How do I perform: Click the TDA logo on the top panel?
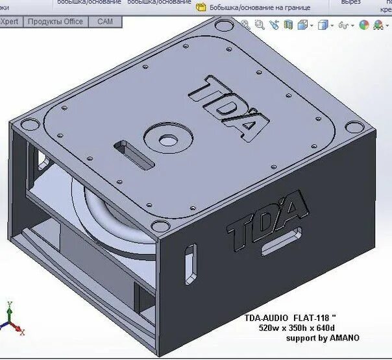click(228, 108)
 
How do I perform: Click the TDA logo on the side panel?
click(267, 217)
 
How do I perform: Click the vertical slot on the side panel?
click(190, 263)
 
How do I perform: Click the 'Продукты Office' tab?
click(55, 21)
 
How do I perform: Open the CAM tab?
click(105, 21)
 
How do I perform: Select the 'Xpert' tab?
click(10, 21)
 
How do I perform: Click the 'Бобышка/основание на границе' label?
click(260, 8)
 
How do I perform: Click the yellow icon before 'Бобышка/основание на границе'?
click(201, 8)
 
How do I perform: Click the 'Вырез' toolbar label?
click(350, 3)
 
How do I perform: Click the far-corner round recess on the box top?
click(224, 27)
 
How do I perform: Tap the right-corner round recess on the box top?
click(352, 128)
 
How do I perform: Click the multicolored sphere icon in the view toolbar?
click(363, 25)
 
